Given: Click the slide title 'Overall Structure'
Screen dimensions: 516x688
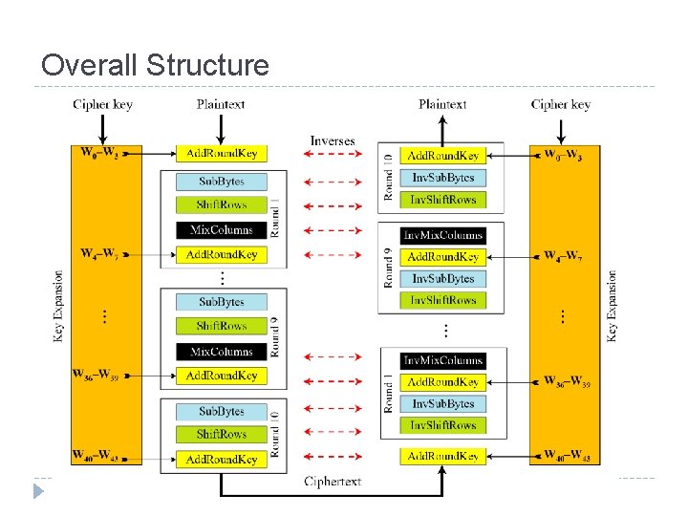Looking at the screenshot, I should click(155, 65).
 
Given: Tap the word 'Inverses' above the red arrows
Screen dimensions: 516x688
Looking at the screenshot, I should click(332, 140).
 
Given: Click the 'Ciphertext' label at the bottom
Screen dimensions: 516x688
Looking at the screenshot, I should click(332, 481).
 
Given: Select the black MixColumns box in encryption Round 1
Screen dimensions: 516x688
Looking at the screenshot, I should click(222, 230).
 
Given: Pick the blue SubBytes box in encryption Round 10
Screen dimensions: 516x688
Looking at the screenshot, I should click(222, 412).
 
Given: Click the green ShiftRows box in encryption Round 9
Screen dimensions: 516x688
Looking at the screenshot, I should click(222, 327).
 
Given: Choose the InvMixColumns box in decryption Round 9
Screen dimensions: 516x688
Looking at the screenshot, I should click(443, 235).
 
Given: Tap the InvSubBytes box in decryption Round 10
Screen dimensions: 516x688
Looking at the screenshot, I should click(443, 178).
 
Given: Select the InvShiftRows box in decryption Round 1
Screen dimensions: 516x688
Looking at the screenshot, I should click(443, 425).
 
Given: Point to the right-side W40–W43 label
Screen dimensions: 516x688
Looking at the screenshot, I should click(567, 455).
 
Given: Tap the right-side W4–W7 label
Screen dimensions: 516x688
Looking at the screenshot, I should click(565, 256).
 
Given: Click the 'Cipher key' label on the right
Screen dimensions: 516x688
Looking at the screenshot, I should click(560, 104).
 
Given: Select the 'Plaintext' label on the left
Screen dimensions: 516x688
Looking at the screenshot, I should click(221, 104).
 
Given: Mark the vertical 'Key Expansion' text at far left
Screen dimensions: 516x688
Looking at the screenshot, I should click(59, 306).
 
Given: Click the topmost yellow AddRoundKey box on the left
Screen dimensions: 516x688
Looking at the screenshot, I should click(222, 153).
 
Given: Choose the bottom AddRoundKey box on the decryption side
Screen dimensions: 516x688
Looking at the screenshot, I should click(443, 457).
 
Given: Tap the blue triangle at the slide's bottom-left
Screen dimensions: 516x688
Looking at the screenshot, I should click(38, 492).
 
